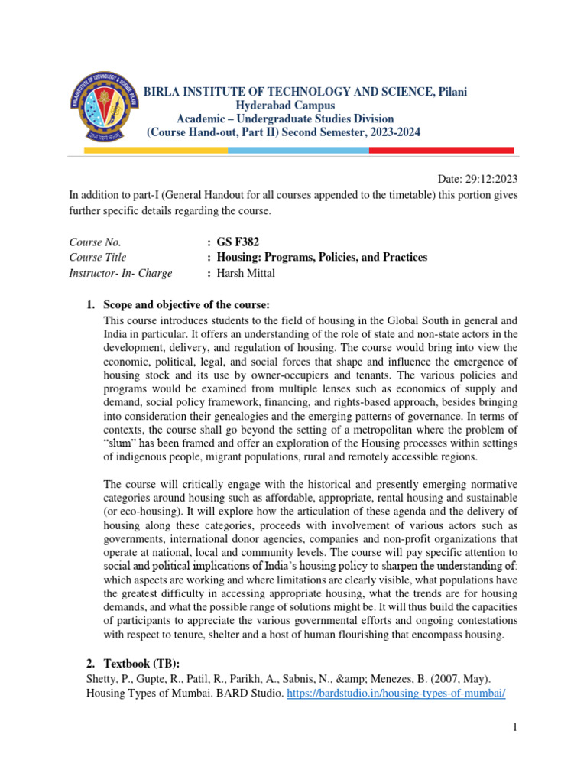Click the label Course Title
pos(98,258)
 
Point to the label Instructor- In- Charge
pos(121,273)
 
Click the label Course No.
pos(95,242)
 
